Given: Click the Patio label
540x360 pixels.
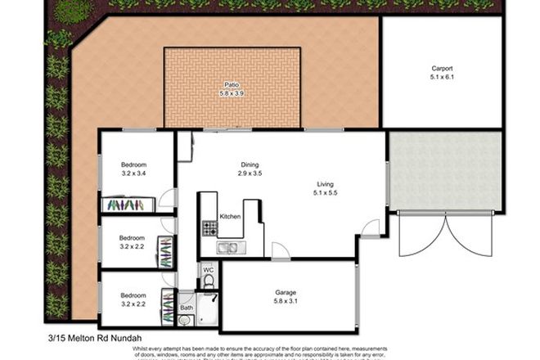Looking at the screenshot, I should (x=232, y=84).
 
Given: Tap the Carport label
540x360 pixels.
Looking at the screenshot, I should (x=442, y=69).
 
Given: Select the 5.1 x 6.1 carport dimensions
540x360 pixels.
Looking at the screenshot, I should (x=442, y=78).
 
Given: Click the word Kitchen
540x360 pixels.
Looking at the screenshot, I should (x=231, y=217).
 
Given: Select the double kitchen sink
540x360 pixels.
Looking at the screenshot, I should (x=227, y=247).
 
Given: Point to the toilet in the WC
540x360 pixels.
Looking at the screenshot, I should (x=208, y=283).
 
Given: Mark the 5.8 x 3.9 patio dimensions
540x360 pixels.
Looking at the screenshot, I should (x=232, y=93).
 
